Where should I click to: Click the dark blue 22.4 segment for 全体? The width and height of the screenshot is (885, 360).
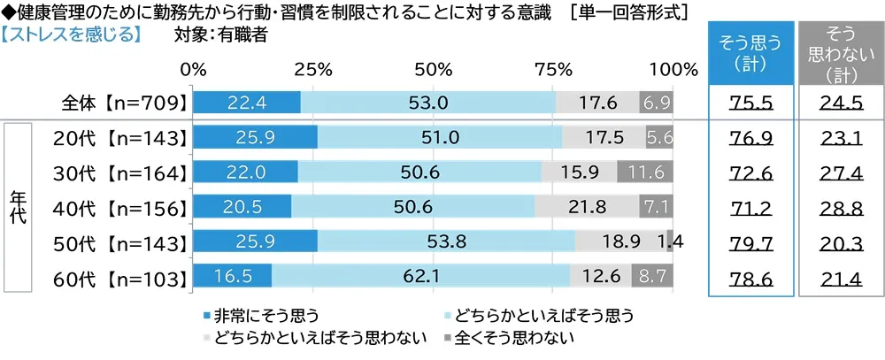coord(246,103)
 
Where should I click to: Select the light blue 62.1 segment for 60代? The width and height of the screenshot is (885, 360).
coord(420,276)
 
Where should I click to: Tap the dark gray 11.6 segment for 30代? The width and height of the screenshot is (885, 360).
coord(645,172)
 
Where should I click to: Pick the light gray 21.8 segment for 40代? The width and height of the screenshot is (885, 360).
coord(586,207)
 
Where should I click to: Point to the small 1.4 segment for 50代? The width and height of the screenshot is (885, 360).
coord(670,241)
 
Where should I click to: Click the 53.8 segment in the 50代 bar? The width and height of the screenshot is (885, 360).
coord(446,241)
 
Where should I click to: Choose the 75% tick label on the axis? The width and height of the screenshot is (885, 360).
coord(553,70)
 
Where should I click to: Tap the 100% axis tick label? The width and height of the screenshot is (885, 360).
coord(673,70)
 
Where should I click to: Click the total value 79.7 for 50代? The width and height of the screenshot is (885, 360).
coord(750,241)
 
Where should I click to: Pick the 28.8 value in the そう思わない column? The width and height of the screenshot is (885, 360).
coord(841,207)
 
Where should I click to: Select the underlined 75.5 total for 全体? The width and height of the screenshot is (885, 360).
coord(750,103)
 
